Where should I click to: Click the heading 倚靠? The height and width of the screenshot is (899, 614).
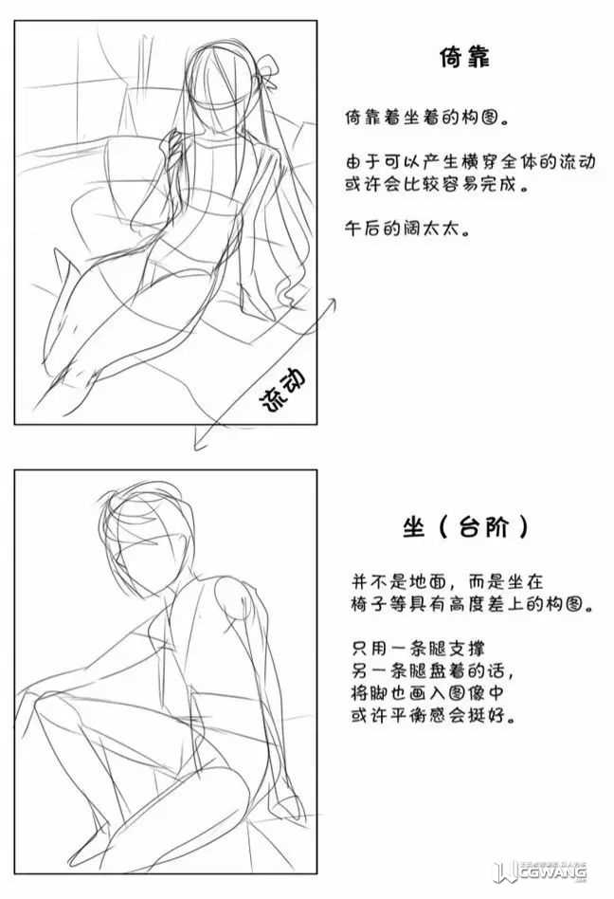(x=464, y=57)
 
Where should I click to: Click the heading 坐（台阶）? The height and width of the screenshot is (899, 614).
(x=465, y=525)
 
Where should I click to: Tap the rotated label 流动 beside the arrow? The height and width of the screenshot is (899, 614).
(x=283, y=390)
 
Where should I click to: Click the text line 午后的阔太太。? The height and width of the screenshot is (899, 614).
(x=407, y=229)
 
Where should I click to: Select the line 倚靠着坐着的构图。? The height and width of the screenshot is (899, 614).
(x=426, y=118)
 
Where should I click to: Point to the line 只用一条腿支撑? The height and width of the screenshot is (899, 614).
(x=419, y=649)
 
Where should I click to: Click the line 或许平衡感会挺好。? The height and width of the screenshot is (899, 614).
(x=434, y=715)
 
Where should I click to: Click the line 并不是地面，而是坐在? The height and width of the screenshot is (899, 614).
(x=447, y=582)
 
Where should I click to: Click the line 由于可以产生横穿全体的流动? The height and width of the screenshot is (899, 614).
(x=470, y=161)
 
